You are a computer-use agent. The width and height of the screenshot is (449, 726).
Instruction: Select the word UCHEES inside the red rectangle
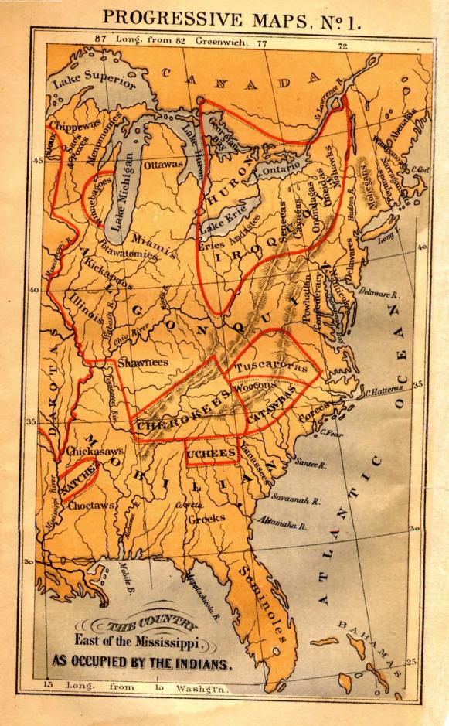point(212,455)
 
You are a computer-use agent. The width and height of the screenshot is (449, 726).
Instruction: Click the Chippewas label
point(71,125)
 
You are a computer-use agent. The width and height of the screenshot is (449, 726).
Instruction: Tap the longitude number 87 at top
point(100,39)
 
